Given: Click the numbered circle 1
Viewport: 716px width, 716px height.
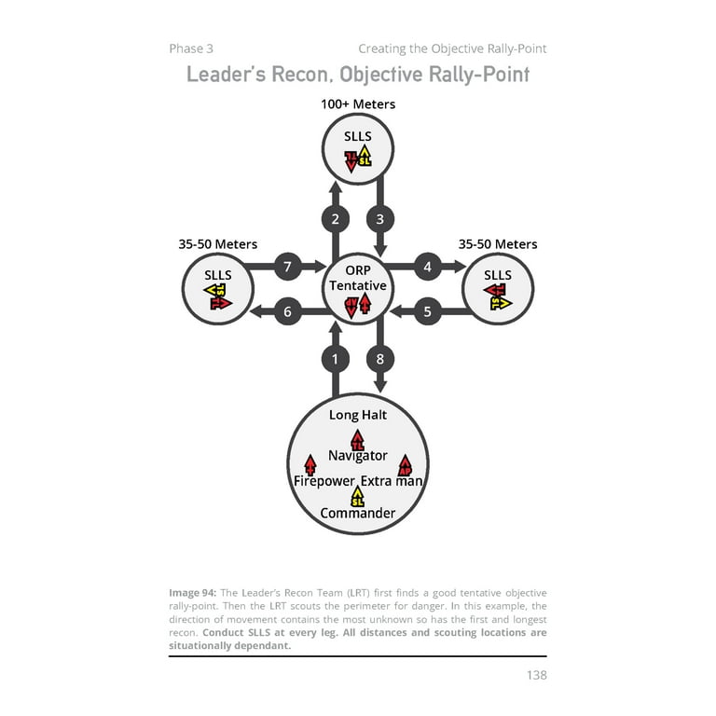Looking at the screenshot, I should click(335, 358).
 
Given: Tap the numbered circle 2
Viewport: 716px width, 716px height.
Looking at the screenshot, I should click(335, 220).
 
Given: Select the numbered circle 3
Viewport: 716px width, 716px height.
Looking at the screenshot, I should click(379, 220).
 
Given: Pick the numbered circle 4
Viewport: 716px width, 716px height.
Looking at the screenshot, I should click(427, 267).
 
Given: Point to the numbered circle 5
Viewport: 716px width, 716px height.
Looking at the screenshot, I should click(427, 311).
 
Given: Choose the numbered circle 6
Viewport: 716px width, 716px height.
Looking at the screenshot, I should click(287, 311).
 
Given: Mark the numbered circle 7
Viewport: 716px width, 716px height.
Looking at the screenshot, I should click(287, 267).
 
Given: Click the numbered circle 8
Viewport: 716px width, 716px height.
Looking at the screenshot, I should click(379, 358).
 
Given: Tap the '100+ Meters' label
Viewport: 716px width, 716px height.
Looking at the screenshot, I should click(358, 104).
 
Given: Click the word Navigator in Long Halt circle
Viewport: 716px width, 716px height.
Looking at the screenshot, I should click(358, 456).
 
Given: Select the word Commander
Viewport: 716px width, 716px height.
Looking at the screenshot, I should click(358, 513).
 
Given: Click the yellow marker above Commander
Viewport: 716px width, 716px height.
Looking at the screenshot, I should click(358, 497).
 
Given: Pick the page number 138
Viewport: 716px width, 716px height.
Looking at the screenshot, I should click(535, 675).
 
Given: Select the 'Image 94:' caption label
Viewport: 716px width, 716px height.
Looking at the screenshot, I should click(193, 593).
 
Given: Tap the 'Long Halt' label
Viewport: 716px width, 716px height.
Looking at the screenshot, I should click(357, 415).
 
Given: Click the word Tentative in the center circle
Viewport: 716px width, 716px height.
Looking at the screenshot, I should click(358, 285).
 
